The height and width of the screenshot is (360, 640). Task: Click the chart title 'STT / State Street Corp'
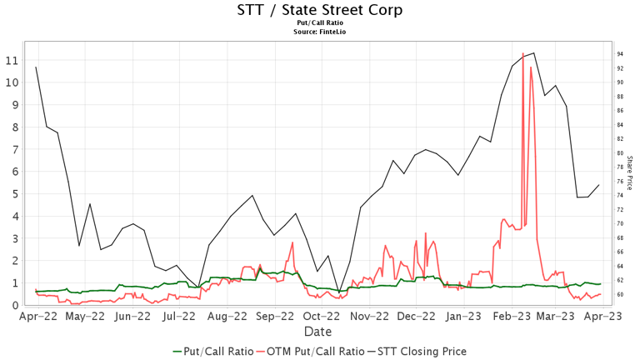coord(320,10)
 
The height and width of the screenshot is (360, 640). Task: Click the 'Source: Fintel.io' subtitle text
coord(320,32)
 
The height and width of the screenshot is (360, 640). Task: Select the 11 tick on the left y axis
coord(12,61)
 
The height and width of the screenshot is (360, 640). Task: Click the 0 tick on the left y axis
coord(15,306)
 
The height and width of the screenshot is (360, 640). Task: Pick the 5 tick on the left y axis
coord(15,194)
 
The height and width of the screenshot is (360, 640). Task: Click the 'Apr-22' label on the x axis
coord(38,317)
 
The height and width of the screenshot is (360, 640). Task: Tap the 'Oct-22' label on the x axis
coord(321,317)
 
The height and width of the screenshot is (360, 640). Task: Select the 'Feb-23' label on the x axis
coord(509,317)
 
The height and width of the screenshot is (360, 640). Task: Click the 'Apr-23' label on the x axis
coord(603,317)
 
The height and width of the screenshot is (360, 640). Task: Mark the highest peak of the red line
coord(522,53)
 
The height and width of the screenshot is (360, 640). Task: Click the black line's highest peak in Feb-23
coord(533,53)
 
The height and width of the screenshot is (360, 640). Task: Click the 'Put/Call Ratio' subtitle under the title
coord(320,23)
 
